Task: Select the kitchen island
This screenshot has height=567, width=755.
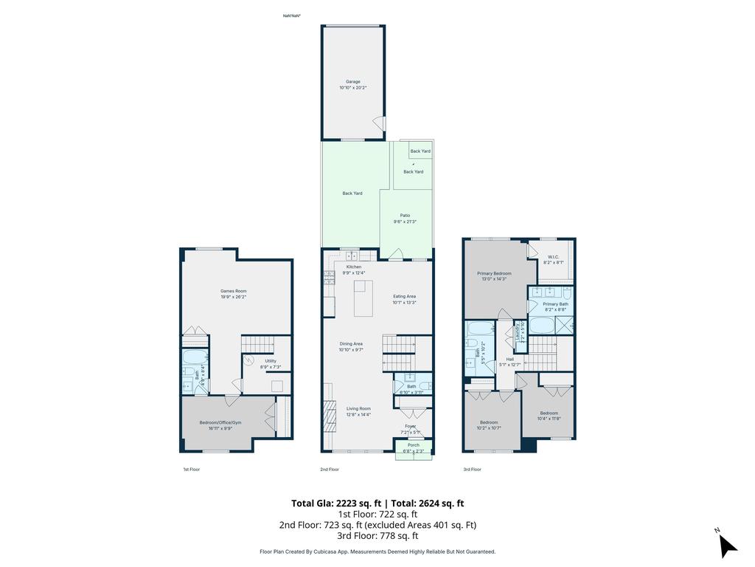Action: click(363, 298)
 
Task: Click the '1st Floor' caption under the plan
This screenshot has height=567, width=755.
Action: click(191, 470)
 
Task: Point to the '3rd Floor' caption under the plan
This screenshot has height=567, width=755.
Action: click(472, 470)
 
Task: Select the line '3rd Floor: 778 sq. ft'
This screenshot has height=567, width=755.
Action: click(377, 536)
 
